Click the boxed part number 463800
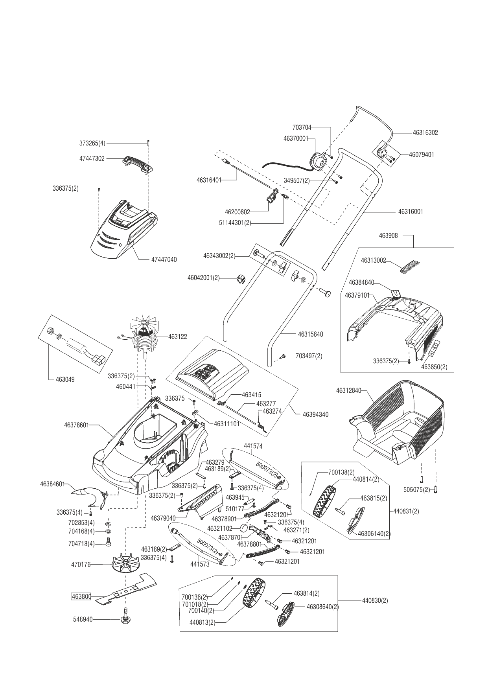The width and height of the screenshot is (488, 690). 81,596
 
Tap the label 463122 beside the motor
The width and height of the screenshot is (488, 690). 178,337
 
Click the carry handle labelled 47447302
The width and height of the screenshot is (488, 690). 137,164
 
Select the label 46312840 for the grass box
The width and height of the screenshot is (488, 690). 348,390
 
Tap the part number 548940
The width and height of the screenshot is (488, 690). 83,619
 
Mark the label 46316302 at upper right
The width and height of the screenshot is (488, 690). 425,133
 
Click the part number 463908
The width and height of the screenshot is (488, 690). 388,236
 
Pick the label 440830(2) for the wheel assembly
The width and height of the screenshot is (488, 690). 375,601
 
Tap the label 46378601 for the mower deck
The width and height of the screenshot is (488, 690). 77,425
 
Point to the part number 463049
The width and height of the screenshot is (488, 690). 65,380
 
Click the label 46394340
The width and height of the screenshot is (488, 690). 316,414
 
